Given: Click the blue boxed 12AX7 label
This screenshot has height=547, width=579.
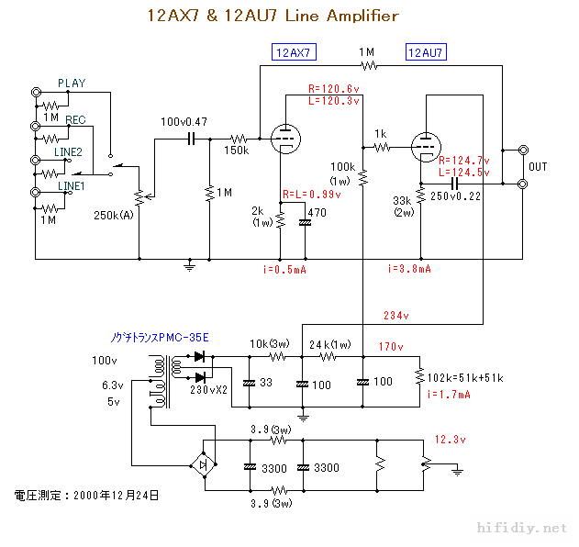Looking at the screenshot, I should tap(294, 52).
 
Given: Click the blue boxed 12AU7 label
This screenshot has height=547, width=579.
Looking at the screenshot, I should tap(426, 52).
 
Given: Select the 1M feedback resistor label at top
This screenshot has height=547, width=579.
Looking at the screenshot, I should tap(367, 52).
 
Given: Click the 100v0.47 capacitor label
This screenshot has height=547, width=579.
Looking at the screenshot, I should tap(184, 122).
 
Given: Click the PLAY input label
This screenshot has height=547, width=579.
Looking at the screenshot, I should tap(72, 84).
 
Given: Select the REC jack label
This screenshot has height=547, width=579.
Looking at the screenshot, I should tap(75, 120).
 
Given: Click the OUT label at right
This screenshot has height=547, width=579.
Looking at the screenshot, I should tap(538, 167).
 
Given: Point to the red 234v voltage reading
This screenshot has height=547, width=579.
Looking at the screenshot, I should tap(396, 316).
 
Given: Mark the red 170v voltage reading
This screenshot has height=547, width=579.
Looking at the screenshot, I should tap(391, 346).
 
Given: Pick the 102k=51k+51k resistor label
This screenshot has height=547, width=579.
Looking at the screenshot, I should tap(467, 376).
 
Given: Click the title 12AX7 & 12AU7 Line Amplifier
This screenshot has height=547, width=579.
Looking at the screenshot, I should tap(273, 16).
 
